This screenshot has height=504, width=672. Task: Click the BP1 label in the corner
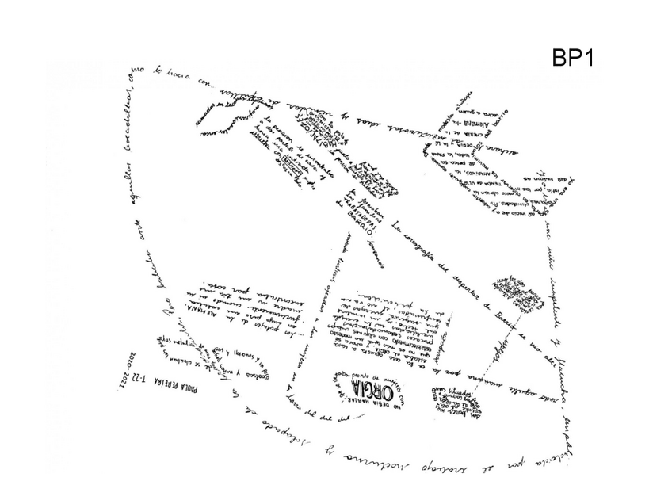click(x=572, y=59)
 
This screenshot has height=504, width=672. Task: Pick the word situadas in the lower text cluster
click(x=459, y=391)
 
